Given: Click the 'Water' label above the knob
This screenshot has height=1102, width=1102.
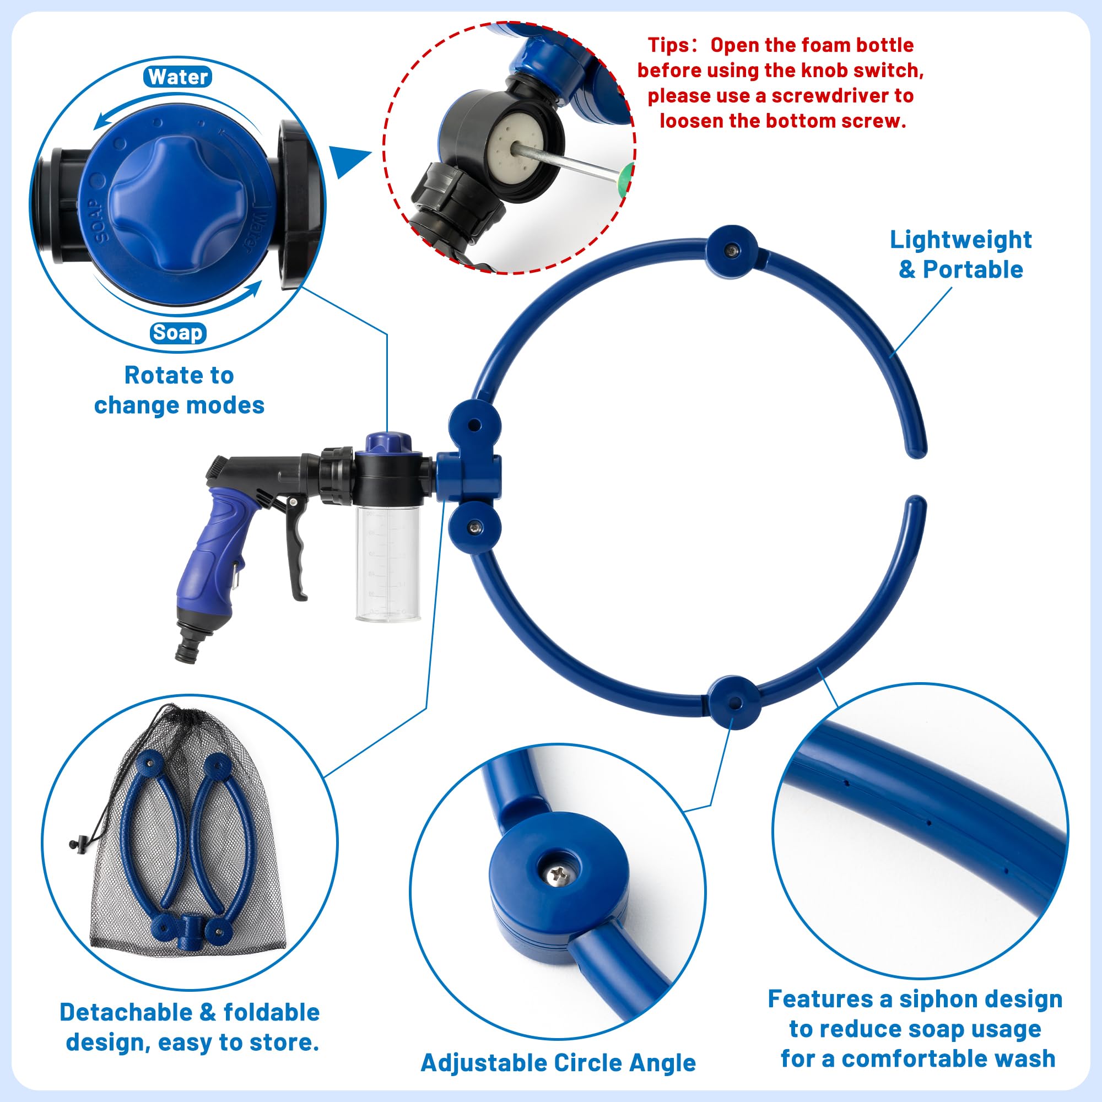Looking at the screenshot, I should click(x=178, y=77).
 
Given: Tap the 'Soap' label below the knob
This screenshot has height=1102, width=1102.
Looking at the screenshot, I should click(x=178, y=333).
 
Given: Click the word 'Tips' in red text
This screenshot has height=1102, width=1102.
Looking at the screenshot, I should click(x=668, y=45).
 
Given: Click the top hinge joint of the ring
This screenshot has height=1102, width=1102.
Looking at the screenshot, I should click(x=732, y=251).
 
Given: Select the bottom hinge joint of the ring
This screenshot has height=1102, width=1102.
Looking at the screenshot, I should click(x=734, y=702).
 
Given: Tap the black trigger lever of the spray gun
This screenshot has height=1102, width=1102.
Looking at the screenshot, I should click(x=296, y=548).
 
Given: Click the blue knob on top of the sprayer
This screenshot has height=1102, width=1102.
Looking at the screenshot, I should click(x=388, y=442).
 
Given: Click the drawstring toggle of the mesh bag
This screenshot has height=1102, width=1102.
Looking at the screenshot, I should click(x=80, y=841).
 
